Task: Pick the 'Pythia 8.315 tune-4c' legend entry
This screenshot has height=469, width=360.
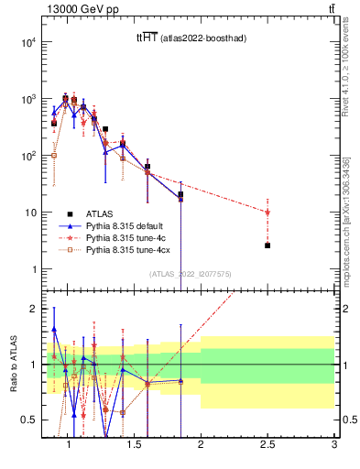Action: point(125,235)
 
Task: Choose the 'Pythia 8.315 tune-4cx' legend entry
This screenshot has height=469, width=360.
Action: point(127,248)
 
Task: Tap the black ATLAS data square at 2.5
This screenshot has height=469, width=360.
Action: point(267,245)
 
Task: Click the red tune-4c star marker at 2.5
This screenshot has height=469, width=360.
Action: point(267,212)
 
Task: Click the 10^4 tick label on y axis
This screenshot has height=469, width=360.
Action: point(28,42)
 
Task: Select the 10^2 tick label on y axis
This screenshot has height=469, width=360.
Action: point(28,156)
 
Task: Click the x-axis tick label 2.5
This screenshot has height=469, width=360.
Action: point(267,444)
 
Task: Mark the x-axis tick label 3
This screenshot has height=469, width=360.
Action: point(334,444)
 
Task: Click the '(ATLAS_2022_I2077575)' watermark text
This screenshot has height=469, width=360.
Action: point(189,273)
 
